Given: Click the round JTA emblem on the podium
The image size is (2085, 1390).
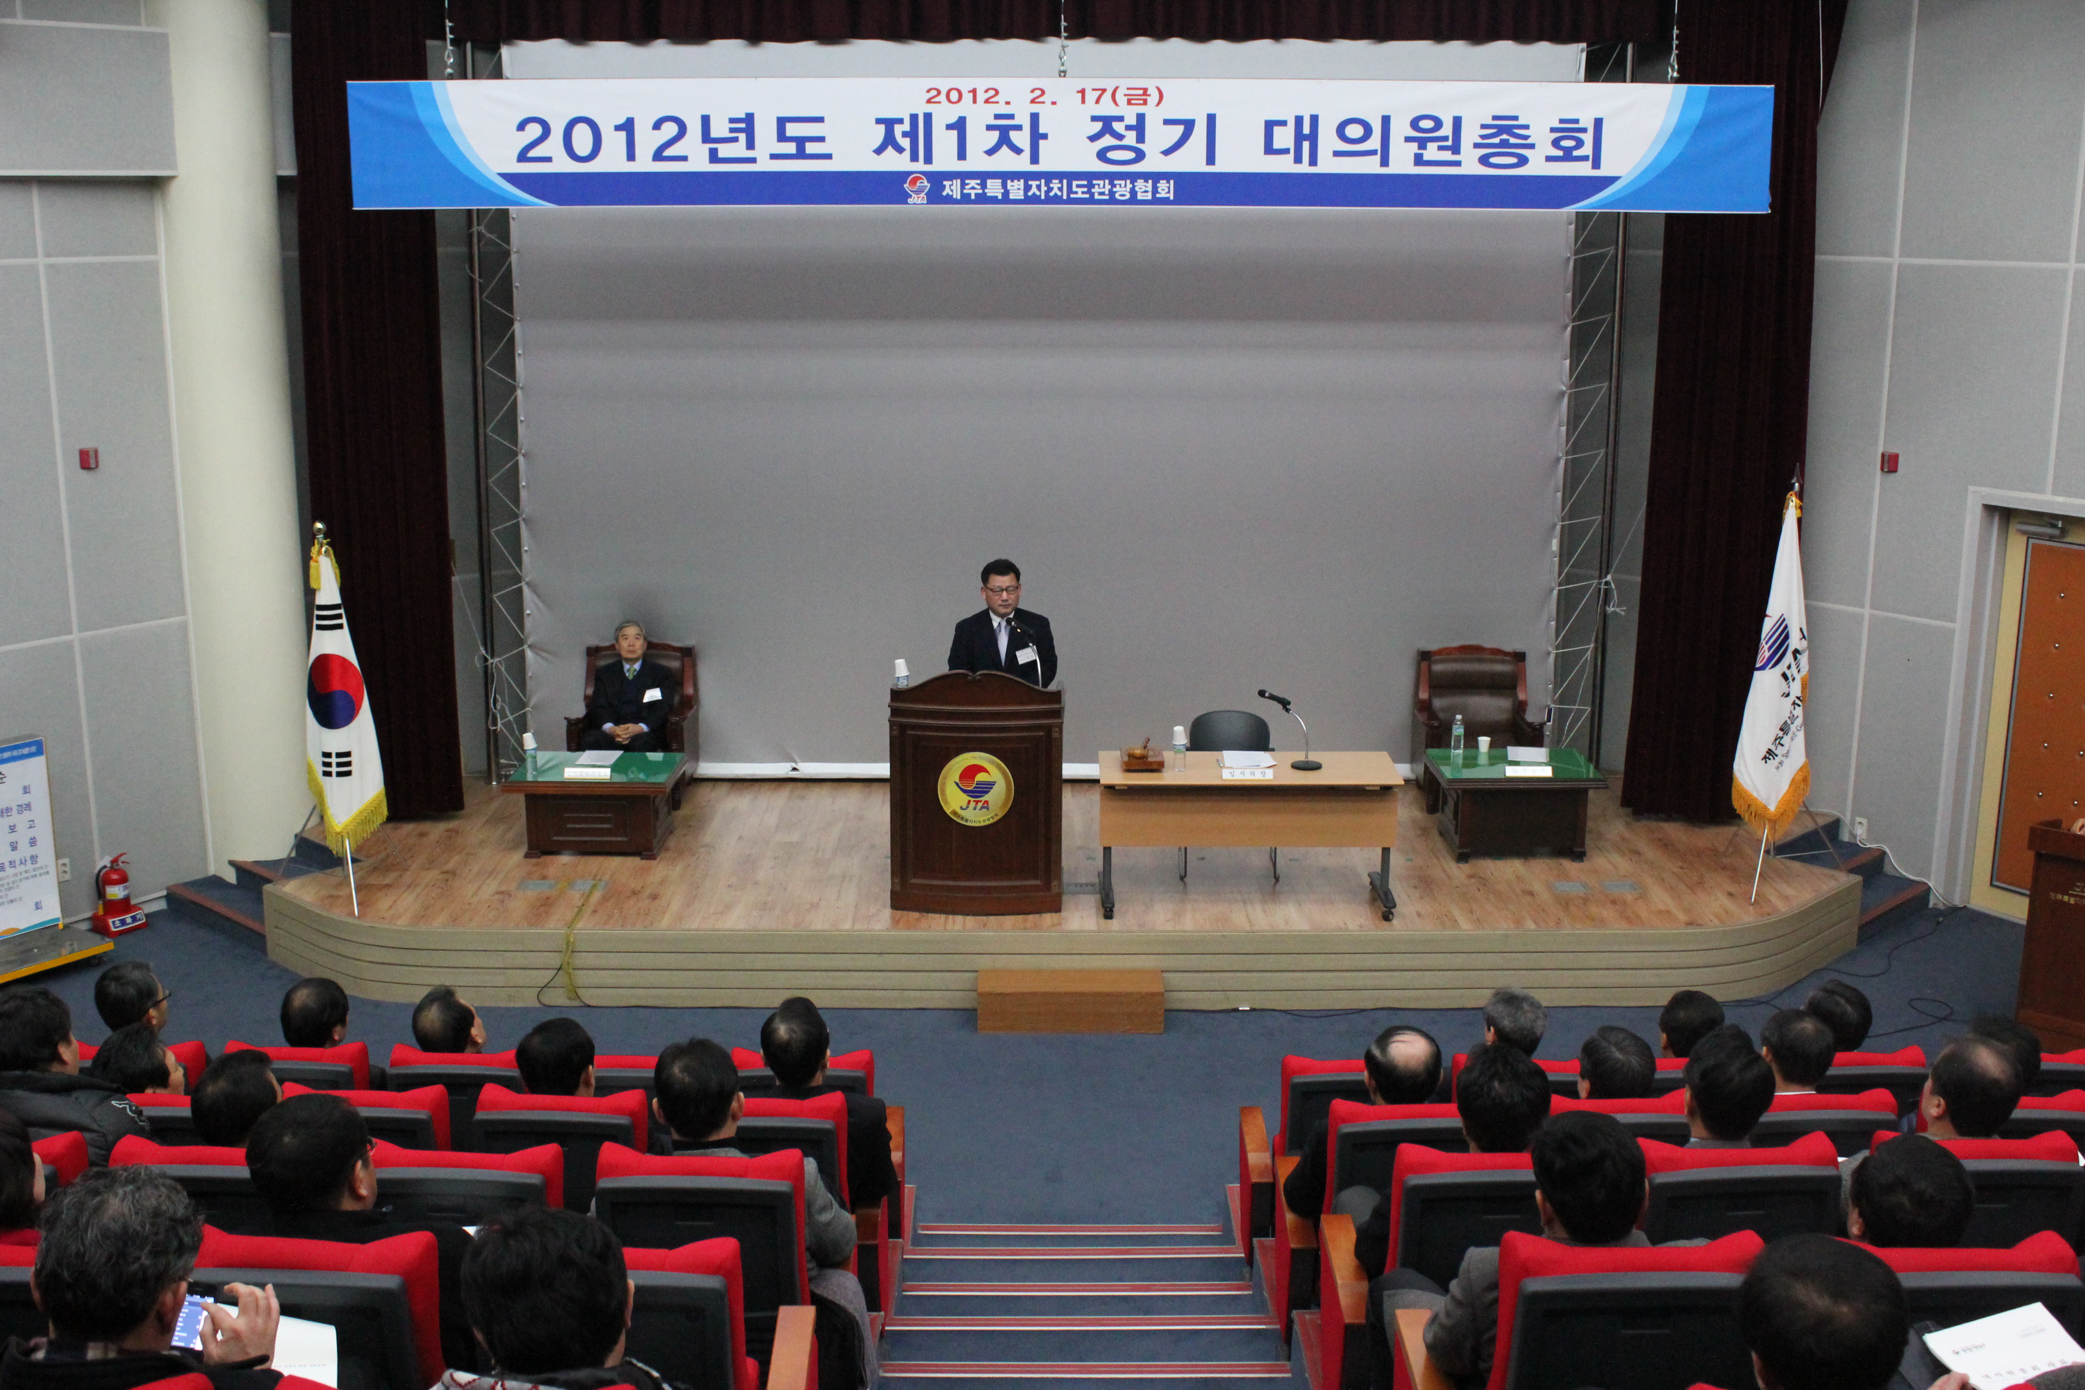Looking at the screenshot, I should coord(975,787).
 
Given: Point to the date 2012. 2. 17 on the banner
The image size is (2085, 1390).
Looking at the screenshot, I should coord(1043,95).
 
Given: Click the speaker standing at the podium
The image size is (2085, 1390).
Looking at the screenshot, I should coord(1003,629).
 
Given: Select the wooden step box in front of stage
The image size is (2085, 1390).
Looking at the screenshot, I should coord(1070,1000).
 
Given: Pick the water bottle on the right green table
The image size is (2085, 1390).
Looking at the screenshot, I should coord(1456,741).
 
